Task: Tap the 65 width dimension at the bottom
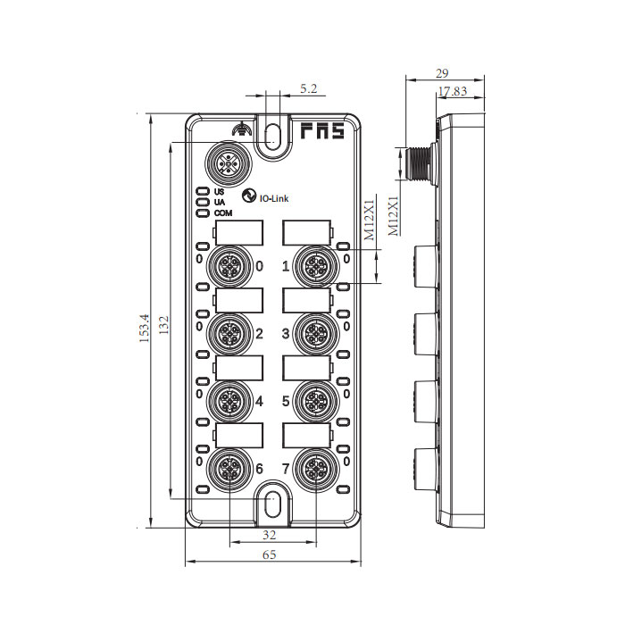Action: [270, 554]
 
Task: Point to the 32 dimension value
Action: [269, 536]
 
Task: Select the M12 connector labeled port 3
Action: [312, 334]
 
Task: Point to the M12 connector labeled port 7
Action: [312, 468]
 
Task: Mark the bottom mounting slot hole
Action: [274, 506]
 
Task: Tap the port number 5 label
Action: [287, 402]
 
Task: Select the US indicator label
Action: [219, 192]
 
